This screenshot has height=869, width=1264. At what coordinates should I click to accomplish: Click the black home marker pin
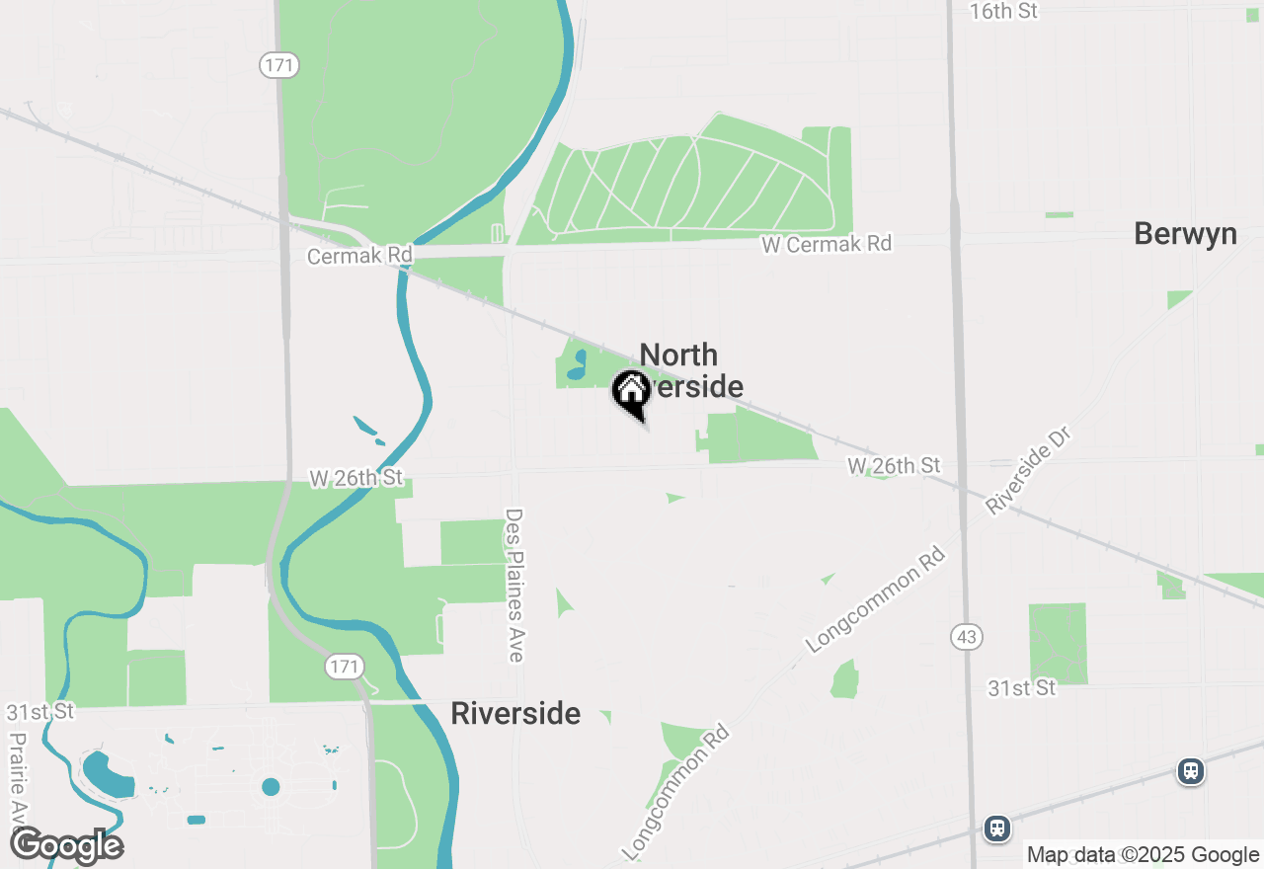pyautogui.click(x=631, y=393)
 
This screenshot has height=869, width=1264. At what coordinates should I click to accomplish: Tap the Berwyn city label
pyautogui.click(x=1185, y=234)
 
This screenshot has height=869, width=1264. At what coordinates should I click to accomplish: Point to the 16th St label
pyautogui.click(x=1004, y=11)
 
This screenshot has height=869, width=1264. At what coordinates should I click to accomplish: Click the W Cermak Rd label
pyautogui.click(x=827, y=243)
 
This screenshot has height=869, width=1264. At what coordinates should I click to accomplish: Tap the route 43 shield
pyautogui.click(x=967, y=637)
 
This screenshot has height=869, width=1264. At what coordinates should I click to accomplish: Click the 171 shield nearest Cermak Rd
pyautogui.click(x=279, y=66)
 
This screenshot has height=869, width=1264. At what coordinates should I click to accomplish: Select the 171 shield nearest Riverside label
pyautogui.click(x=345, y=667)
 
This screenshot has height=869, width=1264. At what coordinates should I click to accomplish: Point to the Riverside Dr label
pyautogui.click(x=1027, y=471)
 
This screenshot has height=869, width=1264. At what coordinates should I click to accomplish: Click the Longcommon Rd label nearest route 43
pyautogui.click(x=876, y=600)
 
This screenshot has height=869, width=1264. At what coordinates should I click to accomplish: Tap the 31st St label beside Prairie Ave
pyautogui.click(x=39, y=711)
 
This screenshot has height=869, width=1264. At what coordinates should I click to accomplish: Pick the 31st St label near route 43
pyautogui.click(x=1022, y=687)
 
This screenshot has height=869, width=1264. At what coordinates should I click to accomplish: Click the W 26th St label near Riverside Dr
pyautogui.click(x=894, y=464)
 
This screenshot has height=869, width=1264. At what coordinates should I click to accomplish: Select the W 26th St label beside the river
pyautogui.click(x=356, y=478)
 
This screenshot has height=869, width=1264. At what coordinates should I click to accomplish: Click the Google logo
pyautogui.click(x=66, y=846)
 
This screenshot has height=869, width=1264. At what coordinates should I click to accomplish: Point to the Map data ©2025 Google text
pyautogui.click(x=1143, y=855)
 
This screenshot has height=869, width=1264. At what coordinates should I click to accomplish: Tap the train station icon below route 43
pyautogui.click(x=997, y=828)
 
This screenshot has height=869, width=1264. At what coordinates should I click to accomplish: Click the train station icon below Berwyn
pyautogui.click(x=1191, y=771)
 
